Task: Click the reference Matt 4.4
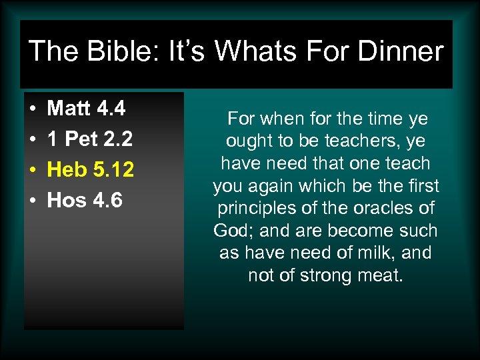[x=87, y=108]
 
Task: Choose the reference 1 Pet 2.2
[x=90, y=139]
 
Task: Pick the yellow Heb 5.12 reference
[x=91, y=169]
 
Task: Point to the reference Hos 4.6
[x=85, y=200]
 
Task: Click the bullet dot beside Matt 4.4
[x=32, y=109]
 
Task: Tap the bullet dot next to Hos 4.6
[x=32, y=201]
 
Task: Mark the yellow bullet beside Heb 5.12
[x=32, y=170]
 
